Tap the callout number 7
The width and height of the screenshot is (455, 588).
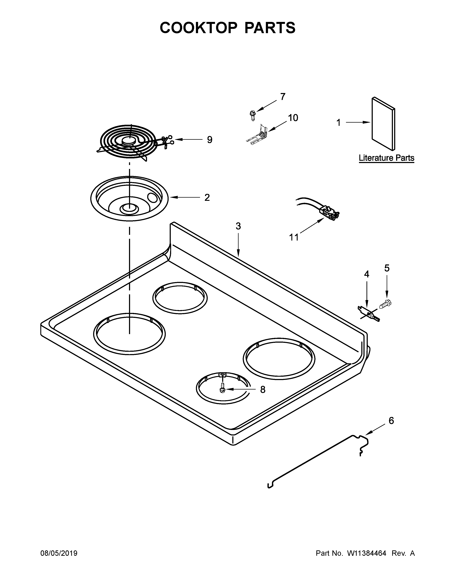click(x=282, y=97)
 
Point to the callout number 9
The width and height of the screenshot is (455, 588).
click(x=209, y=140)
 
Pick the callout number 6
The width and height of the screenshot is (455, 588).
click(x=391, y=421)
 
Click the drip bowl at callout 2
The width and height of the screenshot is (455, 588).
click(x=129, y=198)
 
